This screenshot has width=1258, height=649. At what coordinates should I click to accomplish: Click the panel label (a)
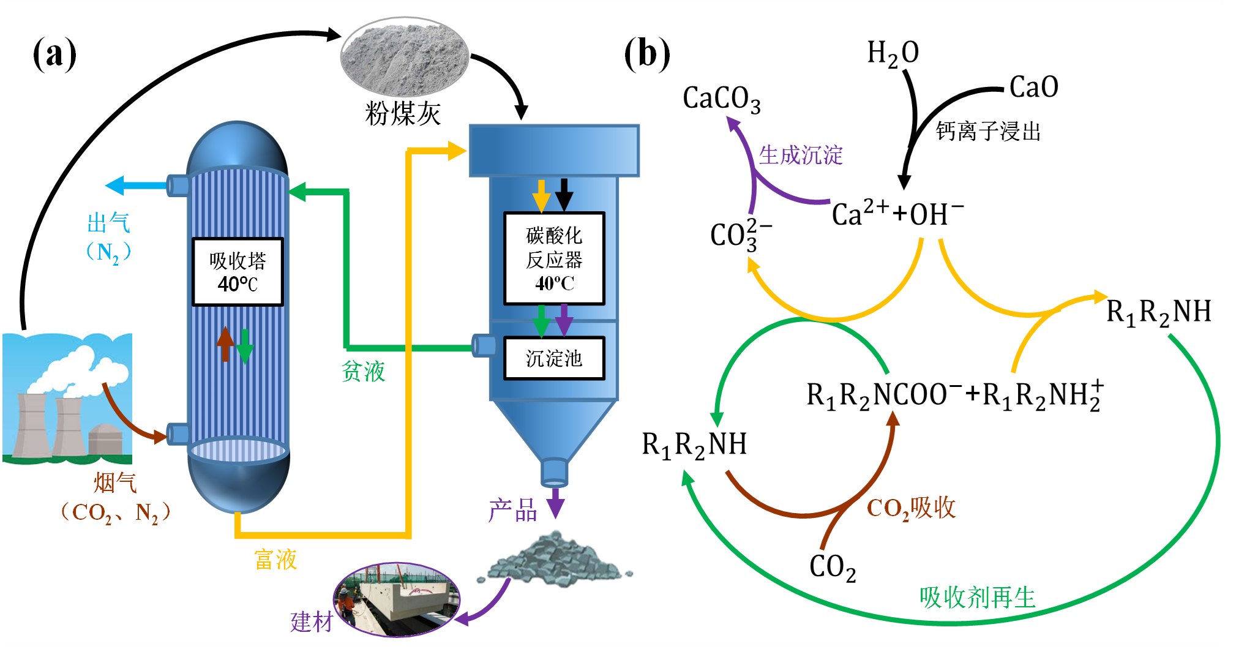click(x=54, y=54)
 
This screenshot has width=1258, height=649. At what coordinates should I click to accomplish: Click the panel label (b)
click(x=647, y=54)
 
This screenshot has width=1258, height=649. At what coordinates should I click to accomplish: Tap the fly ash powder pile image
click(x=405, y=56)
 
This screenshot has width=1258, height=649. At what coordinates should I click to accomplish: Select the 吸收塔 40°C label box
click(x=238, y=272)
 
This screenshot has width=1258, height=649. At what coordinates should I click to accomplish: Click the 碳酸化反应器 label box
click(x=554, y=258)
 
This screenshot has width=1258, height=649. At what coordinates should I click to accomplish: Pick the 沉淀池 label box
click(x=554, y=358)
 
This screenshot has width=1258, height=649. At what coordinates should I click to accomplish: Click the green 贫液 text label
click(x=364, y=371)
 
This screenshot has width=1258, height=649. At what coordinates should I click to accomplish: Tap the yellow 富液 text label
click(x=275, y=560)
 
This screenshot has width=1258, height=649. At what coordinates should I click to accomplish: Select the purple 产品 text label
click(x=513, y=510)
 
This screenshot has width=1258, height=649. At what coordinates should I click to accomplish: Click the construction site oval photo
click(x=396, y=599)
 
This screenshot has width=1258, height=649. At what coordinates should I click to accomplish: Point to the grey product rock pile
click(x=554, y=560)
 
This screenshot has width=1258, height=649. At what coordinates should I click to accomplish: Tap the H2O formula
click(x=893, y=54)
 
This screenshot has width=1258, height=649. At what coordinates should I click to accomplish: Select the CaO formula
click(x=1033, y=87)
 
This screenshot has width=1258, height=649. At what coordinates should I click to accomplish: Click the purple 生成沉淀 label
click(x=801, y=155)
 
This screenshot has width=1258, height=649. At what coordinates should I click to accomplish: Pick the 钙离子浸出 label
click(x=988, y=131)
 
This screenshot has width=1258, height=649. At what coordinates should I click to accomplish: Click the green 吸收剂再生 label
click(x=977, y=597)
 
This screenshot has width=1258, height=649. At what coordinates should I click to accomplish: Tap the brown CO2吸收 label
click(x=911, y=508)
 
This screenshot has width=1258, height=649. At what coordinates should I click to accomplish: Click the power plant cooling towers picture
click(x=67, y=398)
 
